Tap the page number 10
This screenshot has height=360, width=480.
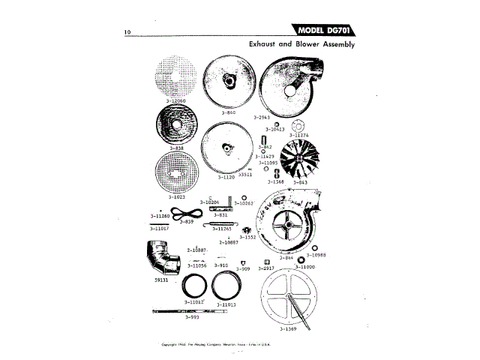click(x=128, y=33)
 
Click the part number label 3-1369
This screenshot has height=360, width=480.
click(x=289, y=328)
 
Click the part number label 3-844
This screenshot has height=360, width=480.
click(x=285, y=258)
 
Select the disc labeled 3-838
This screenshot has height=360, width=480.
click(x=176, y=124)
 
